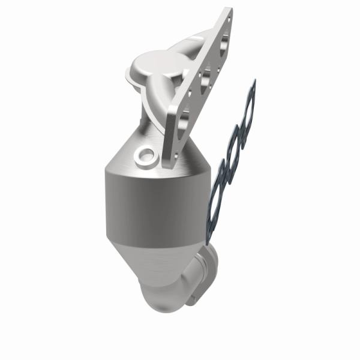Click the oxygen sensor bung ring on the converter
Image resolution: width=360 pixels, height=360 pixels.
click(145, 157)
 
